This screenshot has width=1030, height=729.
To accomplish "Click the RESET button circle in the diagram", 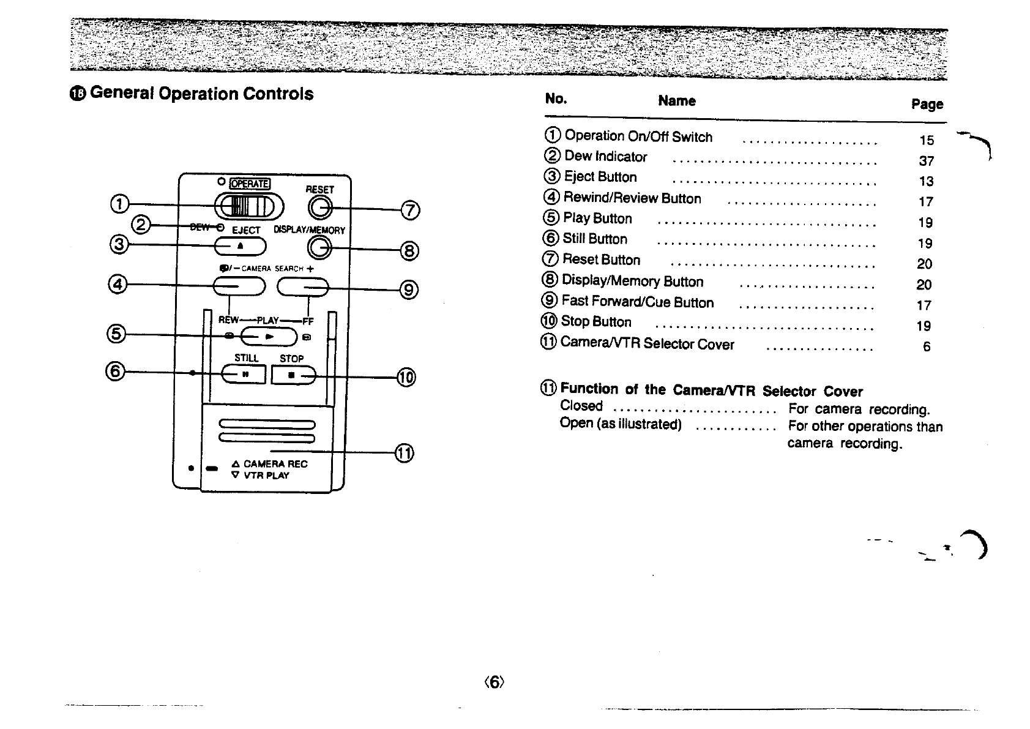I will tap(320, 209).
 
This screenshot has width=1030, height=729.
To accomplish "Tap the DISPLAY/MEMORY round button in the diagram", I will tap(319, 248).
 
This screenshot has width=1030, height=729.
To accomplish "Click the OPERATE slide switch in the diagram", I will tap(244, 206).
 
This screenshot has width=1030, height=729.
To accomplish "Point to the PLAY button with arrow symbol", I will tap(269, 336).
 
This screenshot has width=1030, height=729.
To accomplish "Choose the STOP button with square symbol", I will tap(293, 375).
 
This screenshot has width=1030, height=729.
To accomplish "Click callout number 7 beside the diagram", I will tap(410, 210).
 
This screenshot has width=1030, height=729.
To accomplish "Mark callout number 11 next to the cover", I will tap(405, 453).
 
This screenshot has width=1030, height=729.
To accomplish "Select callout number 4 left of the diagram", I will tap(118, 284).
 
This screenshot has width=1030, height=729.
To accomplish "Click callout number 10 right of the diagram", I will tap(406, 377).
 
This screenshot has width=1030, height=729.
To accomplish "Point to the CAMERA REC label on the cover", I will tap(275, 464).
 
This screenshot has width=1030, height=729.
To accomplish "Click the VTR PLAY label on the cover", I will tap(266, 476).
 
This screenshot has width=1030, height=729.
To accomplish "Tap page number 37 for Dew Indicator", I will tap(926, 161).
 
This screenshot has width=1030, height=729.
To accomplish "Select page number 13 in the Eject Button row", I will tap(926, 181).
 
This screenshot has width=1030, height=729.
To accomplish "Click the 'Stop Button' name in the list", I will tap(595, 322).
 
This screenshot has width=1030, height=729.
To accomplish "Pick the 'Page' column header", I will tap(927, 104).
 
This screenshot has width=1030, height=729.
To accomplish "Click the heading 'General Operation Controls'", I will tap(201, 94).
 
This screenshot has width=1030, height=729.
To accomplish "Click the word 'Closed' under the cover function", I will tap(581, 406).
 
